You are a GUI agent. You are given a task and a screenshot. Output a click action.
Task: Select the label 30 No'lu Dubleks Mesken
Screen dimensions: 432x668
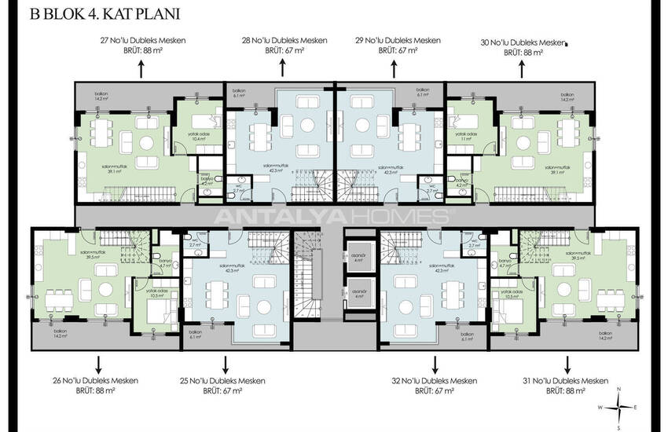[x=522, y=43]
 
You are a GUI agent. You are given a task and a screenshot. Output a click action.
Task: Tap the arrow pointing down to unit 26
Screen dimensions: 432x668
[x=98, y=364]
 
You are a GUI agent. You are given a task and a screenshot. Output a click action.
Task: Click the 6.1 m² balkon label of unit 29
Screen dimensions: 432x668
[x=422, y=94]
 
